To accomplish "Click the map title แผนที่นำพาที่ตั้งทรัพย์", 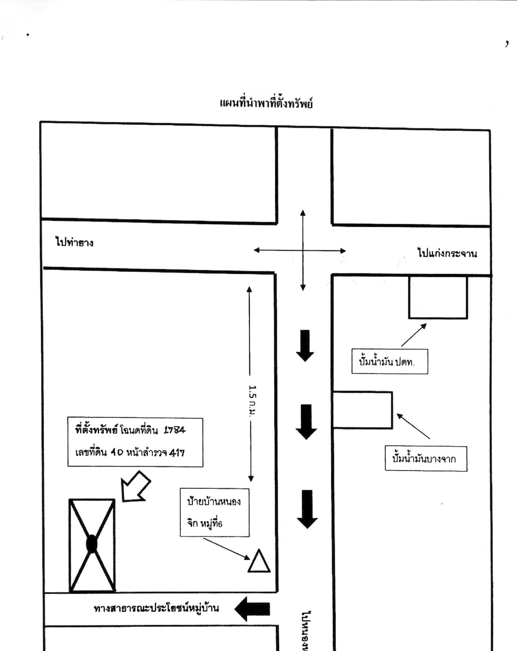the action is click(266, 103).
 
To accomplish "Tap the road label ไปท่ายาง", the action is click(75, 242).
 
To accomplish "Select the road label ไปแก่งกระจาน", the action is click(447, 253).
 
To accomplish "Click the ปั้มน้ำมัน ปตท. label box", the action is click(390, 361).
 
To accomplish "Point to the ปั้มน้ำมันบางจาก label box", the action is click(426, 458).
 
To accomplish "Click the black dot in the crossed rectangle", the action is click(91, 543).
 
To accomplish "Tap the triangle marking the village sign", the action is click(259, 561).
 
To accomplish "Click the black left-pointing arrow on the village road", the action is click(252, 609).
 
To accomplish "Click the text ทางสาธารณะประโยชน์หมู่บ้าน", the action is click(157, 608).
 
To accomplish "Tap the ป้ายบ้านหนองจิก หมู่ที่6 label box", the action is click(214, 512).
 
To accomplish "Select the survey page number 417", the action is click(177, 453).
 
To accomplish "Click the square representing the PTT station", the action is click(438, 297).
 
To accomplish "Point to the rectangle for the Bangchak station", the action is click(363, 410).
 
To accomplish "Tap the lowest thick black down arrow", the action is click(307, 509).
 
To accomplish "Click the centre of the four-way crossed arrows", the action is click(303, 250).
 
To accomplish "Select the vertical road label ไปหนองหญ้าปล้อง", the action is click(307, 630).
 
